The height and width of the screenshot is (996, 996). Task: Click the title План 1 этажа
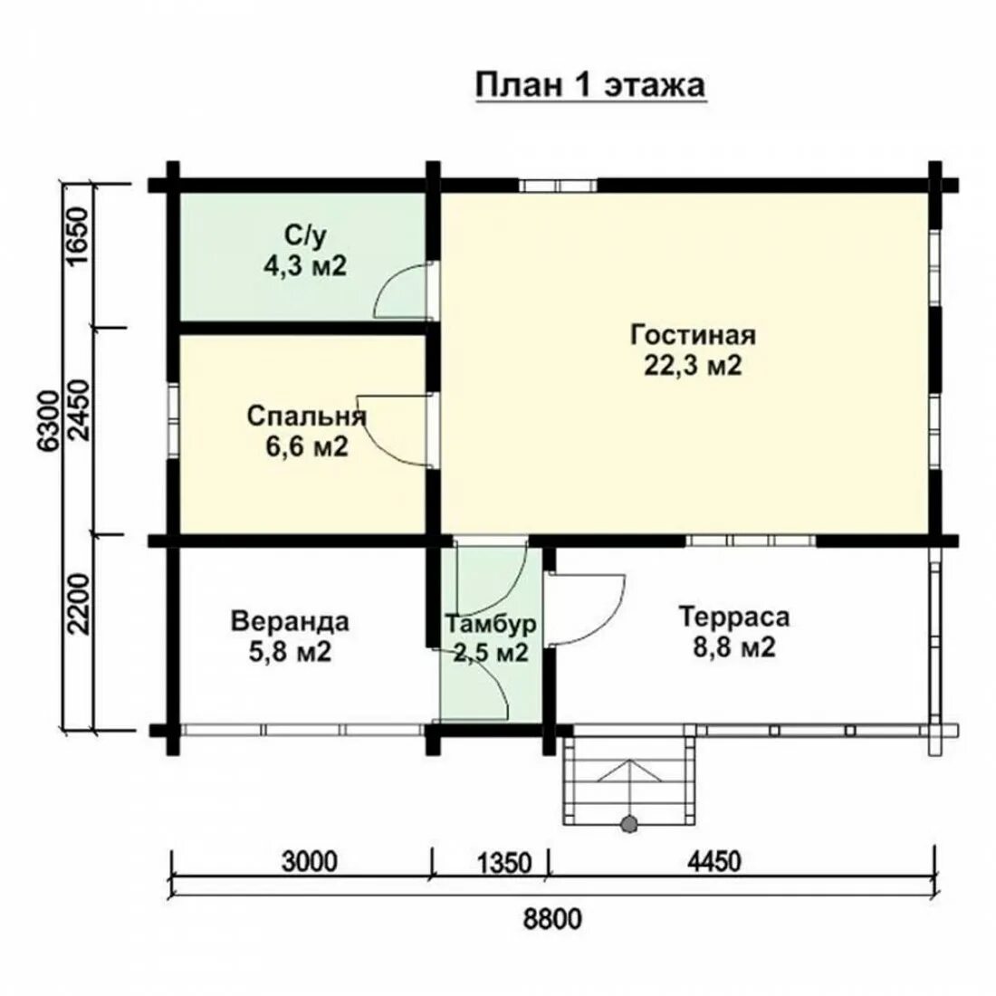point(590,86)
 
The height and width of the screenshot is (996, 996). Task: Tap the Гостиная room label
point(693,335)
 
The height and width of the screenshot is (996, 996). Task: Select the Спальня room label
point(307,417)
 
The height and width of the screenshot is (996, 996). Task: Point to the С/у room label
point(305,235)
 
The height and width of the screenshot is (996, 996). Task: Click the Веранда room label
point(290,621)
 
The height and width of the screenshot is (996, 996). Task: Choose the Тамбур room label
point(490,624)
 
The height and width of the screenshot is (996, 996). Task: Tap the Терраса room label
point(733,617)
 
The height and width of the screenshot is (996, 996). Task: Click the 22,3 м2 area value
point(693,365)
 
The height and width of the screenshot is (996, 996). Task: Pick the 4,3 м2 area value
point(305,265)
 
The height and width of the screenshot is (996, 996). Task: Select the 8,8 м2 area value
point(733,647)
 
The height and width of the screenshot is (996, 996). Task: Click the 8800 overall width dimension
point(552,918)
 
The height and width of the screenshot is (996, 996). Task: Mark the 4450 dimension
point(714,862)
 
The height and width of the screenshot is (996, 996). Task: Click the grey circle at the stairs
point(629,824)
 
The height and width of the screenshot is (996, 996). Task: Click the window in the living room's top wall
point(558,186)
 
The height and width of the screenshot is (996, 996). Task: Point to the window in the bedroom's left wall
point(173,420)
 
